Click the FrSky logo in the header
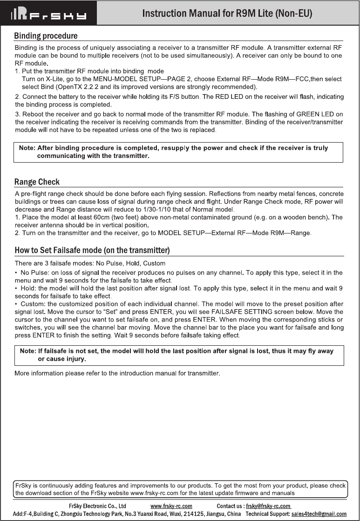coord(49,13)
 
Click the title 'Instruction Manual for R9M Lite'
coord(227,13)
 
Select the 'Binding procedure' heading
coord(46,36)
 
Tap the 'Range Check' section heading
coord(37,182)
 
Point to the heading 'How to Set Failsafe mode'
coord(92,251)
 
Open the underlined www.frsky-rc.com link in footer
coord(171,506)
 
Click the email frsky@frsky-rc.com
coord(268,506)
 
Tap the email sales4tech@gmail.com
coord(319,514)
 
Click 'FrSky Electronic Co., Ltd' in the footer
coord(97,506)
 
